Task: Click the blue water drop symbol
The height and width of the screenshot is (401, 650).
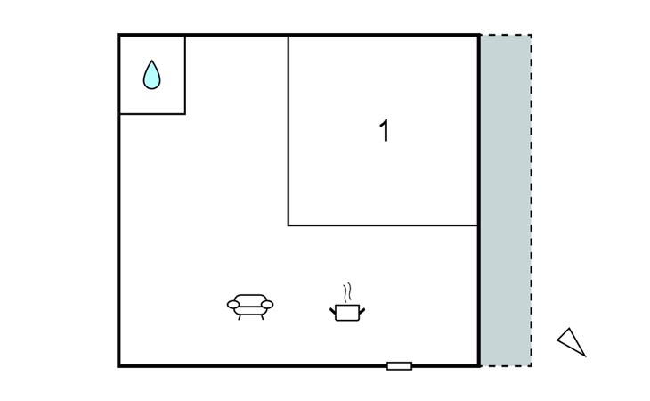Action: pos(152,75)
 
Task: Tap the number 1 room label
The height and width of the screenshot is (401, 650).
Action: pos(384,132)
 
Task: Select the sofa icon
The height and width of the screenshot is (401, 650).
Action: pos(250,306)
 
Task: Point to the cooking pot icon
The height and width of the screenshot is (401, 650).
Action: pos(346,311)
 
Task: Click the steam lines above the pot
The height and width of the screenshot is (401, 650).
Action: pos(347,291)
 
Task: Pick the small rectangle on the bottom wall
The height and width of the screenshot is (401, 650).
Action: pos(399,365)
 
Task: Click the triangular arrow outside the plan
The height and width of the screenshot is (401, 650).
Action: pos(571,340)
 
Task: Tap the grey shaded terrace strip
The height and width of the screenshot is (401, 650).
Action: pos(506,200)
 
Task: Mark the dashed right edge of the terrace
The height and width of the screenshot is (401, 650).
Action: pos(532,200)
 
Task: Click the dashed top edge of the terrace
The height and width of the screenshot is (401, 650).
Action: pos(506,35)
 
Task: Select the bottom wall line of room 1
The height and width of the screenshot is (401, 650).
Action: pos(383,225)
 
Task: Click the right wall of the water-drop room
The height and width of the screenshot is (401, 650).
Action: pos(185,75)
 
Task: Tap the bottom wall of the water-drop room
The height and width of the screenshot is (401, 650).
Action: pos(152,114)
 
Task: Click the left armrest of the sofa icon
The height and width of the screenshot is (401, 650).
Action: pos(233,305)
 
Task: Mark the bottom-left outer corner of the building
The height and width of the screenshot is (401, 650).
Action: pos(119,365)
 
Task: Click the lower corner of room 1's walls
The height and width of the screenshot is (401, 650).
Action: pos(288,225)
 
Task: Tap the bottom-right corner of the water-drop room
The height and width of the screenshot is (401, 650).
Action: pos(185,114)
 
